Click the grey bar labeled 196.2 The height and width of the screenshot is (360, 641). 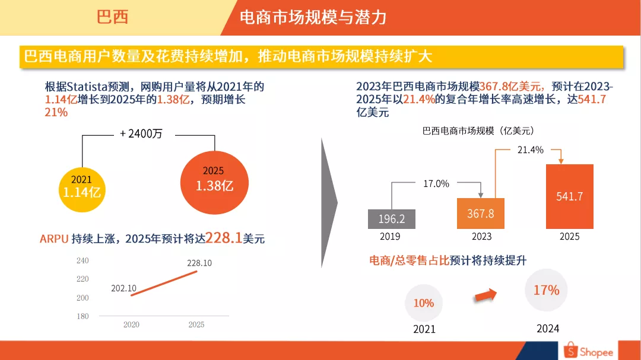pos(391,219)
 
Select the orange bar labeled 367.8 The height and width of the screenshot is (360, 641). pos(481,213)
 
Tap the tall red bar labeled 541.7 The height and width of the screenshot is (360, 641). pos(569,196)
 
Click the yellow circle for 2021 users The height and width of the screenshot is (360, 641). pos(81,186)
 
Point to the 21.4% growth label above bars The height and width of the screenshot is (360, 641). pos(530,150)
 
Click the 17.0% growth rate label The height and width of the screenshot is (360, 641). pos(436,184)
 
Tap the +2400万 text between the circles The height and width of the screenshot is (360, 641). pos(141,134)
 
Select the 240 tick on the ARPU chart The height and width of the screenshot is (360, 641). pos(82,260)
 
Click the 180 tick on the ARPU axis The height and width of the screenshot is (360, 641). pos(82,316)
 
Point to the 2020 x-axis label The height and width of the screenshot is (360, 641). pos(131,325)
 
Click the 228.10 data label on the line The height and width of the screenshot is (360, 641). pos(199,263)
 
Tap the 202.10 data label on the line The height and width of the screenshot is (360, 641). pos(123,288)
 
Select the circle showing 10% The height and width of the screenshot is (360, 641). pos(424,303)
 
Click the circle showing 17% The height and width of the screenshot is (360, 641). pos(546,290)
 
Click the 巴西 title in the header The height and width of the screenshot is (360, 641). pos(113,17)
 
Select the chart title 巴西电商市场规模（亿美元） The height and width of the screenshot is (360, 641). pos(478,130)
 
